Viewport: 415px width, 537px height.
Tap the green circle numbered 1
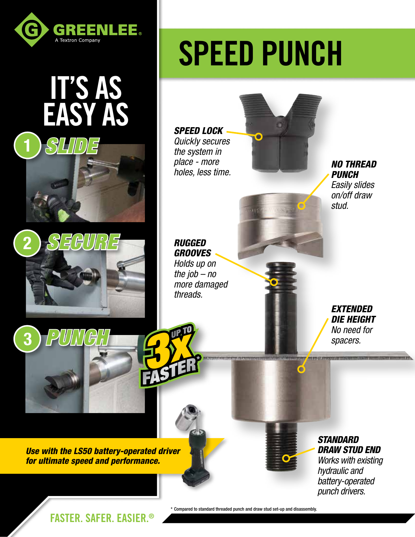(27, 145)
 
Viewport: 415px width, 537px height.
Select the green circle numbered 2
(27, 243)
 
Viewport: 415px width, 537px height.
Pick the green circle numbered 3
(27, 339)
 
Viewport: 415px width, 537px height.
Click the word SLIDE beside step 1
(72, 146)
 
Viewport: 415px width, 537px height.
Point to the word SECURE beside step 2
(84, 242)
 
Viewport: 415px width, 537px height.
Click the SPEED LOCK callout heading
(198, 131)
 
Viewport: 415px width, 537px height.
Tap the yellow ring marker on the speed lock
(258, 136)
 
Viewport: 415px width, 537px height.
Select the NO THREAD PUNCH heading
(353, 169)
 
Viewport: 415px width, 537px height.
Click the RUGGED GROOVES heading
(192, 248)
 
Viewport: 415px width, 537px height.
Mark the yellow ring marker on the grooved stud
(274, 282)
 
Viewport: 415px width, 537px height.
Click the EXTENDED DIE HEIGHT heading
(353, 314)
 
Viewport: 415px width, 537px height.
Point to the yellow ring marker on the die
(301, 369)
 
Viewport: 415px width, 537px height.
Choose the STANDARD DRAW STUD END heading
(349, 445)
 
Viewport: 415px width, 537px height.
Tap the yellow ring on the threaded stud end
(286, 458)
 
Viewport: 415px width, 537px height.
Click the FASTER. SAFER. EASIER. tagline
(102, 518)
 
